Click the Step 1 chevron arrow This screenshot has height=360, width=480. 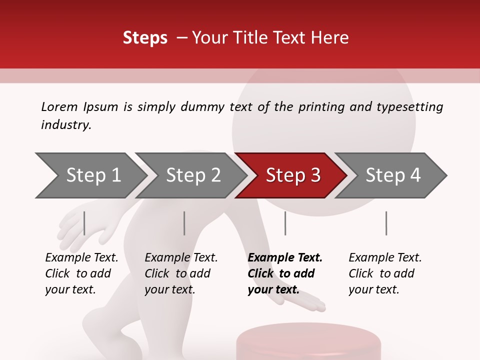pyautogui.click(x=93, y=175)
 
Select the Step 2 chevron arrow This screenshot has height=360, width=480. pyautogui.click(x=193, y=175)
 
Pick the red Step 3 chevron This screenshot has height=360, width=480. pyautogui.click(x=293, y=175)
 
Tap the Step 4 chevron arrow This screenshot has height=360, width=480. pyautogui.click(x=393, y=175)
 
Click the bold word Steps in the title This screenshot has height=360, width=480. pyautogui.click(x=145, y=38)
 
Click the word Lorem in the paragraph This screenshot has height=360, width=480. pyautogui.click(x=59, y=106)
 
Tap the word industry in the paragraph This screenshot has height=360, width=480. pyautogui.click(x=66, y=124)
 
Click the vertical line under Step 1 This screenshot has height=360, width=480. pyautogui.click(x=84, y=223)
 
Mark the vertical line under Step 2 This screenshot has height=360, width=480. pyautogui.click(x=184, y=223)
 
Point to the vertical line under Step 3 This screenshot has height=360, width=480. pyautogui.click(x=285, y=223)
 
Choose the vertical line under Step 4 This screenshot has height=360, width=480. pyautogui.click(x=386, y=223)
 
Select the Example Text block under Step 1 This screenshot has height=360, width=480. pyautogui.click(x=81, y=273)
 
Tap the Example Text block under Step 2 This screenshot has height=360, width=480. pyautogui.click(x=181, y=273)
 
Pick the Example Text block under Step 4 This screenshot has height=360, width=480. pyautogui.click(x=385, y=273)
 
